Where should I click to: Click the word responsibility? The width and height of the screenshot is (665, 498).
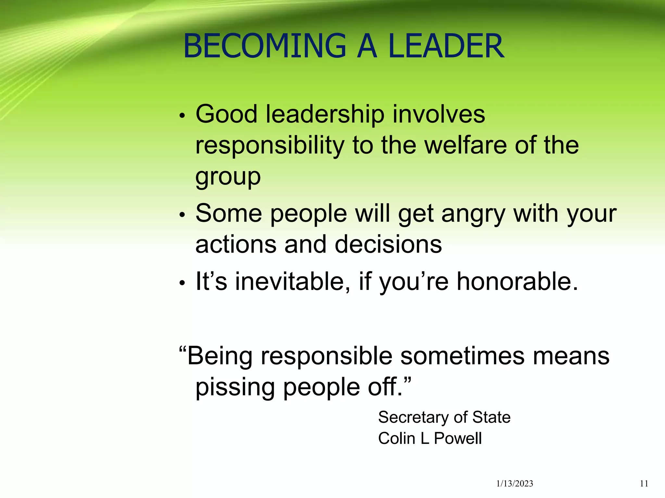[270, 146]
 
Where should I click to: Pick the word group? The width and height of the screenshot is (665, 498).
[228, 177]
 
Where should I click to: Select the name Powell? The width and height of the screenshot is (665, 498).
[458, 439]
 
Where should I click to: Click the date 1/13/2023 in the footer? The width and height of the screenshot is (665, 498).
[515, 484]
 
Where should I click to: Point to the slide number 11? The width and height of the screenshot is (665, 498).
[644, 484]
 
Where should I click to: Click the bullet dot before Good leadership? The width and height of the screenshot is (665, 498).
[182, 116]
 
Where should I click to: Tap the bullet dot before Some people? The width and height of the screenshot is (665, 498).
[182, 215]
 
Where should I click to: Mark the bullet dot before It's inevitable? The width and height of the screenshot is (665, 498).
[182, 283]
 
